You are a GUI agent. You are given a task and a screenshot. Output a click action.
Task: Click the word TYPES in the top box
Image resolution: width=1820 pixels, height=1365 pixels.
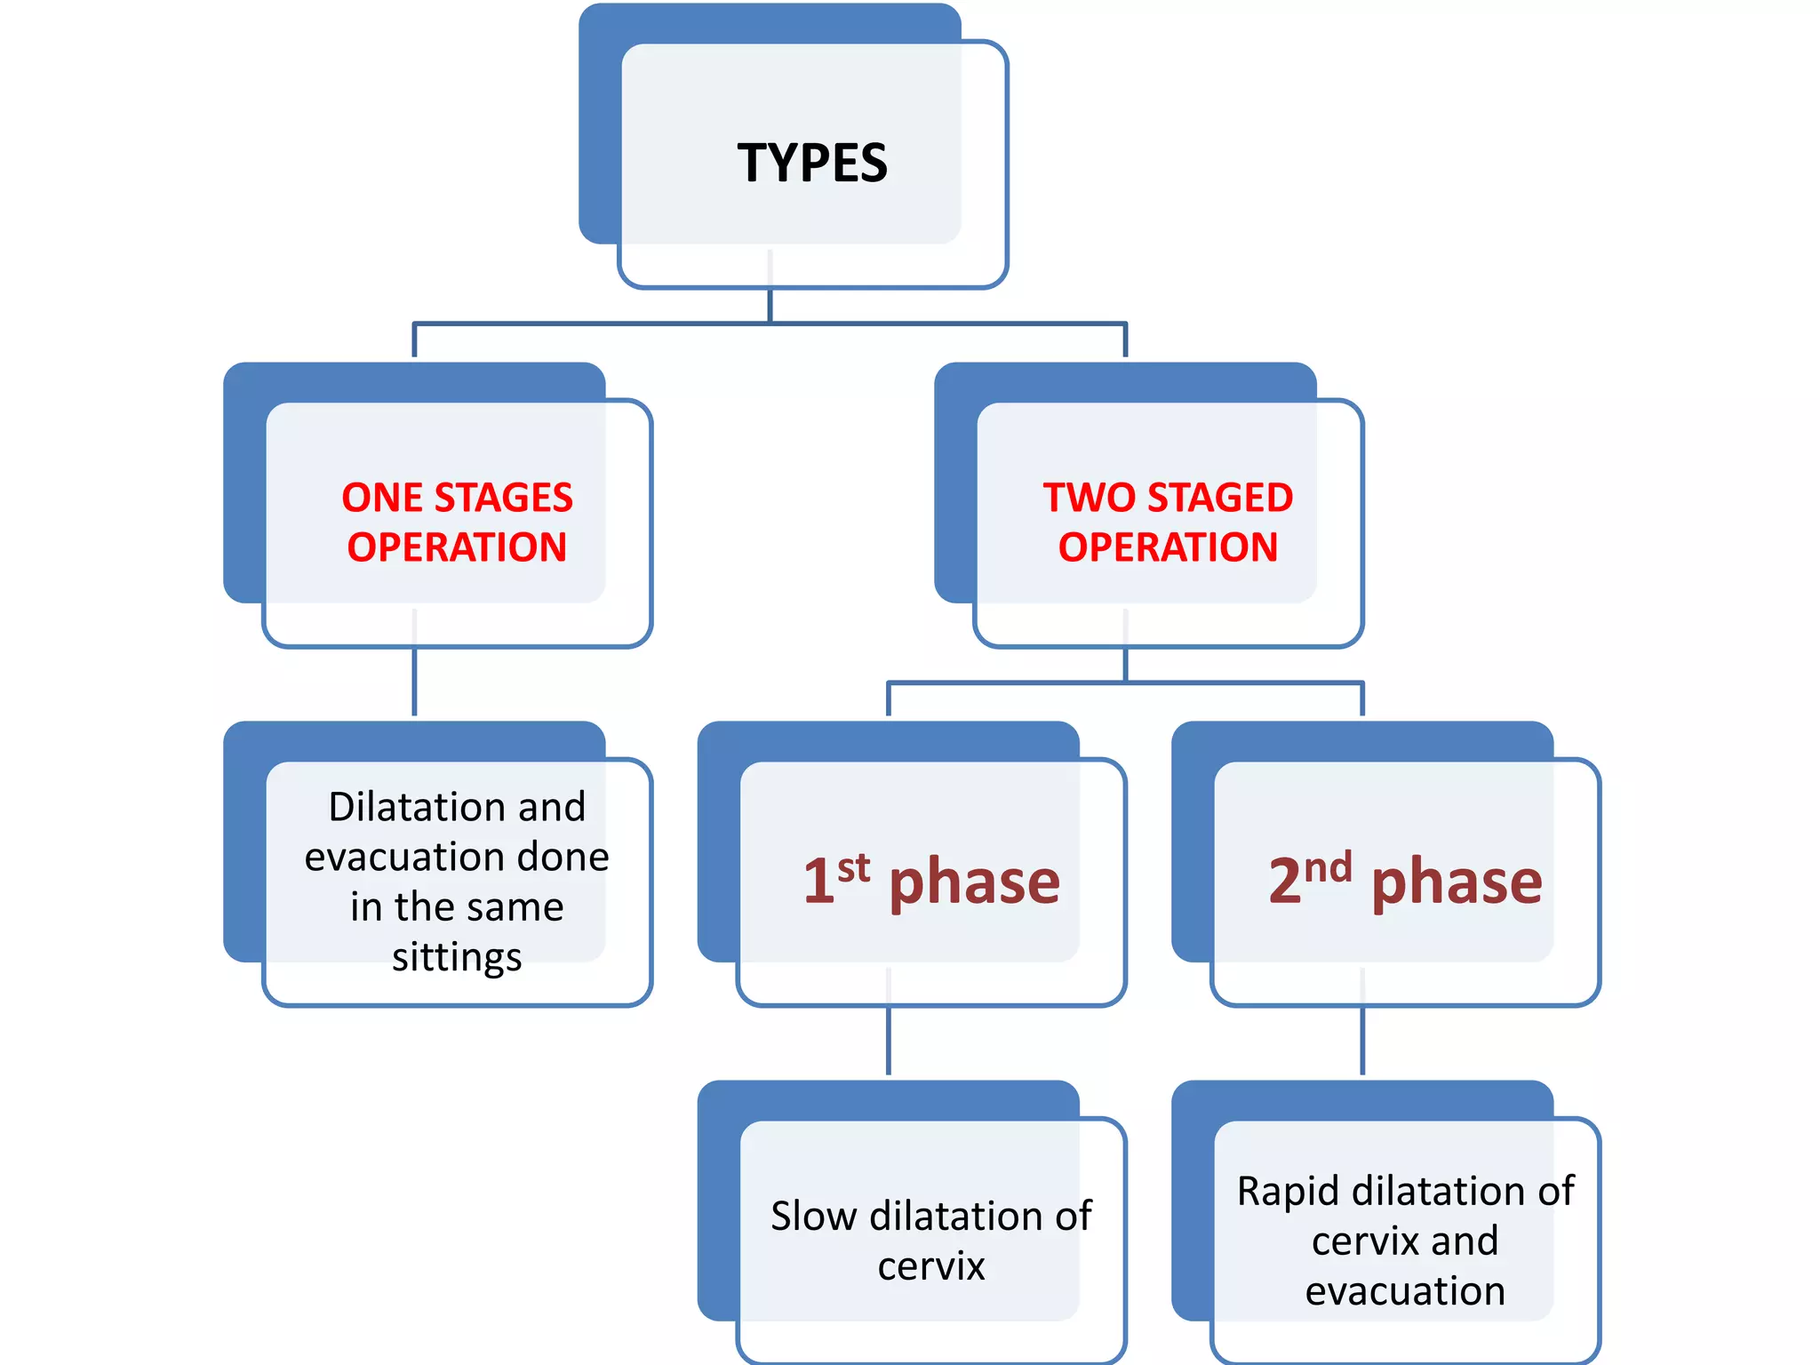point(812,164)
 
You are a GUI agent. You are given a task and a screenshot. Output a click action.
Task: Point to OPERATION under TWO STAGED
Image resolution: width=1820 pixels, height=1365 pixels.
point(1168,547)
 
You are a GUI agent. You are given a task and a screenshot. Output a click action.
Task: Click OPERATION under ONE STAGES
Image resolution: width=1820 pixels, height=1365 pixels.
point(457,547)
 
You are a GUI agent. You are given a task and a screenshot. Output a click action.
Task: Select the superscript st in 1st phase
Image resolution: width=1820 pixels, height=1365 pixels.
point(853,867)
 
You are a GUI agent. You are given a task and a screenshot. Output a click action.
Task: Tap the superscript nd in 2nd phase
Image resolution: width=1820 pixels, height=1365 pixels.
point(1328,867)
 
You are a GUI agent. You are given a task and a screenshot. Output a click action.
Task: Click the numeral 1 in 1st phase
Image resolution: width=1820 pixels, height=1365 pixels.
point(818,882)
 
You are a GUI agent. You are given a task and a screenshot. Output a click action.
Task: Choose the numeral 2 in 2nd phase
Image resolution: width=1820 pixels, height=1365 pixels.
point(1285,882)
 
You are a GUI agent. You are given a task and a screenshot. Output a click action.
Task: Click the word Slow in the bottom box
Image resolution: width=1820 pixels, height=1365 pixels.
point(813,1217)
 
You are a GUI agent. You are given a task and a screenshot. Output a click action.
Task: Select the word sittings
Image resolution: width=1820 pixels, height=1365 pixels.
point(457,957)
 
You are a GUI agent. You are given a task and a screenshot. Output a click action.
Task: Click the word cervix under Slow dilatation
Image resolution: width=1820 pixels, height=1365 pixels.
point(931,1266)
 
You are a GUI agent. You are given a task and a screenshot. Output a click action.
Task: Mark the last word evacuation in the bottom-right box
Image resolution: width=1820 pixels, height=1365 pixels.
point(1405,1291)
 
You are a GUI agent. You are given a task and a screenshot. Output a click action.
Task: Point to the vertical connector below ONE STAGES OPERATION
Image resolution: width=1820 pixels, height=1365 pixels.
point(414,682)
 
